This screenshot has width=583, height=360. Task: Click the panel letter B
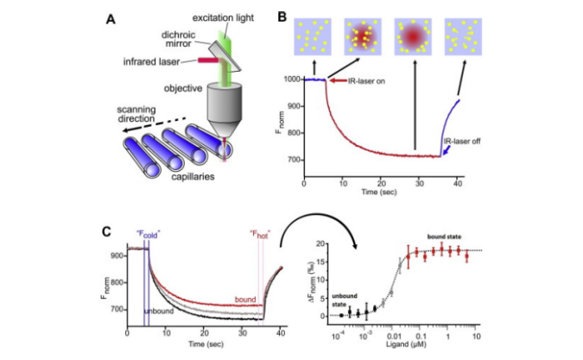pyautogui.click(x=282, y=16)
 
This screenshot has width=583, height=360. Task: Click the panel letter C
pyautogui.click(x=106, y=232)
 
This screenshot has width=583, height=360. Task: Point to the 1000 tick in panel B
pyautogui.click(x=293, y=79)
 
